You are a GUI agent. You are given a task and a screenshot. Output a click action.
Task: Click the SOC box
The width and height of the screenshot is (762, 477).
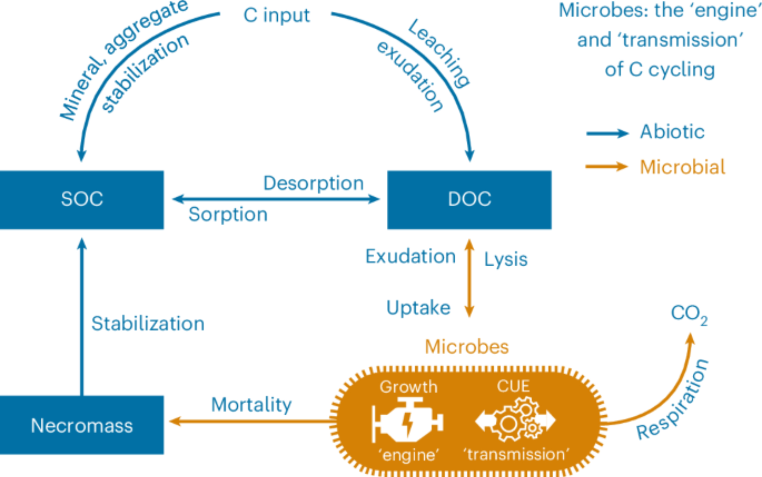click(x=82, y=200)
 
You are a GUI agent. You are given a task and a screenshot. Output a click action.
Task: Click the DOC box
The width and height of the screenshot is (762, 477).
click(x=469, y=200)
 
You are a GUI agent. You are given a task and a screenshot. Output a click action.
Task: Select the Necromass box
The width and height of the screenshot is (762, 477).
click(x=82, y=425)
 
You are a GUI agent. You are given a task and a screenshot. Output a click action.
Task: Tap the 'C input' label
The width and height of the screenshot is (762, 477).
click(x=277, y=16)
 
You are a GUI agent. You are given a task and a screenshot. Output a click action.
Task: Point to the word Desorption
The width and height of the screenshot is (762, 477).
click(x=313, y=183)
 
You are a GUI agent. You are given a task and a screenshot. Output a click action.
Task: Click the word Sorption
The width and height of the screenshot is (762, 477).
click(x=228, y=214)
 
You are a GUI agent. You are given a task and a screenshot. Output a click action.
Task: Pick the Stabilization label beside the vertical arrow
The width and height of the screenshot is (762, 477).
click(x=148, y=324)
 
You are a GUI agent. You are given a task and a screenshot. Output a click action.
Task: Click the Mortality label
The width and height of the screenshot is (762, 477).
click(x=251, y=405)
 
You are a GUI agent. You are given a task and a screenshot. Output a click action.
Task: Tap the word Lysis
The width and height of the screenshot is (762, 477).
click(x=506, y=260)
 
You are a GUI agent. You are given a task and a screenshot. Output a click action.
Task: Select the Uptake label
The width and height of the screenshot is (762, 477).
click(x=418, y=308)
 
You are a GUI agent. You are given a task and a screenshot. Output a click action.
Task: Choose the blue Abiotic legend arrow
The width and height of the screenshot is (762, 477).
click(x=607, y=133)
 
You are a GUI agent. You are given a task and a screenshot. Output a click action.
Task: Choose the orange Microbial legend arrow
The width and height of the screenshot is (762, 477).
click(x=606, y=166)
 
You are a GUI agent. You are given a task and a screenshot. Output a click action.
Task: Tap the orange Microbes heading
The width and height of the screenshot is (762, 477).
click(x=467, y=347)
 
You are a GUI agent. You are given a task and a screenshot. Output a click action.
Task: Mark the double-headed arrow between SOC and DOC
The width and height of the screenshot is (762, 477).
click(x=276, y=199)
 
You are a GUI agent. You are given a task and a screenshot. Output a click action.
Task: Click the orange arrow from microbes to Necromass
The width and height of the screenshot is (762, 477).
click(x=251, y=421)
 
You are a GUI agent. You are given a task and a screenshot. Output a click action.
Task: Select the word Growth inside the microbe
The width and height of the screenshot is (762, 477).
click(x=408, y=387)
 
